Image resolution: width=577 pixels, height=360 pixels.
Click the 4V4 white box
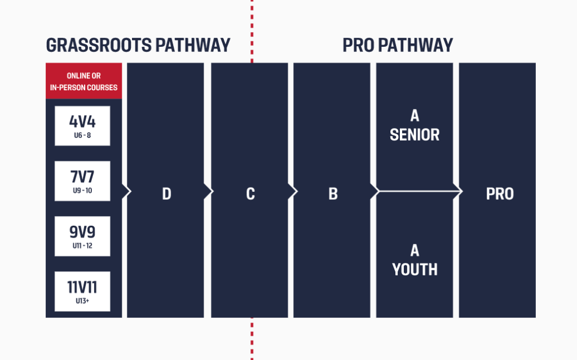click(x=82, y=126)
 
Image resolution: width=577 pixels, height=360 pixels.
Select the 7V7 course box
click(x=82, y=181)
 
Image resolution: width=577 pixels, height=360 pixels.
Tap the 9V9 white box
click(x=82, y=236)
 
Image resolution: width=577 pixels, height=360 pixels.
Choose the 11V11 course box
click(x=82, y=292)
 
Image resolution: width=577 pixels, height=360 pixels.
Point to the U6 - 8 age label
click(x=82, y=135)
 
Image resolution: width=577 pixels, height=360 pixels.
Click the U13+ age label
click(x=82, y=301)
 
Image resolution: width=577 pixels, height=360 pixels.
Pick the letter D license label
click(x=167, y=194)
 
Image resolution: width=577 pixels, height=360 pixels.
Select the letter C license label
click(x=250, y=194)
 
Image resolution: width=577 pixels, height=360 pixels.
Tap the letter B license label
click(x=333, y=194)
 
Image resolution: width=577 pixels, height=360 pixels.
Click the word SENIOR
click(x=415, y=135)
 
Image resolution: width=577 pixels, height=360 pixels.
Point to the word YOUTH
click(x=415, y=270)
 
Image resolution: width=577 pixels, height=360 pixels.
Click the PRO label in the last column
click(x=500, y=194)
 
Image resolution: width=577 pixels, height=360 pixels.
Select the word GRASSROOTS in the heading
click(x=99, y=45)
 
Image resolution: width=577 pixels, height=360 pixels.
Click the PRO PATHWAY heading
click(x=398, y=45)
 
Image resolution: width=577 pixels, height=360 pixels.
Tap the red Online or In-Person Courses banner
click(x=84, y=81)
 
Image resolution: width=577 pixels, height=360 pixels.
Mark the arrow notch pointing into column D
click(x=126, y=191)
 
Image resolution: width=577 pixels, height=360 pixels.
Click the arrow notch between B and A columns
click(x=375, y=191)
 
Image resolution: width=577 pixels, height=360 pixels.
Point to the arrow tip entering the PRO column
click(x=462, y=191)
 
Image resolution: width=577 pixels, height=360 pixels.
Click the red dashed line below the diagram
click(x=252, y=339)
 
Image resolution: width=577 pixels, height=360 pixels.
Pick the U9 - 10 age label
click(x=82, y=191)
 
